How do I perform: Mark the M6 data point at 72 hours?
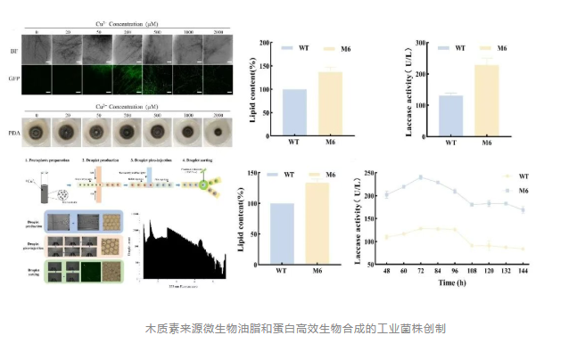click(419, 177)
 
